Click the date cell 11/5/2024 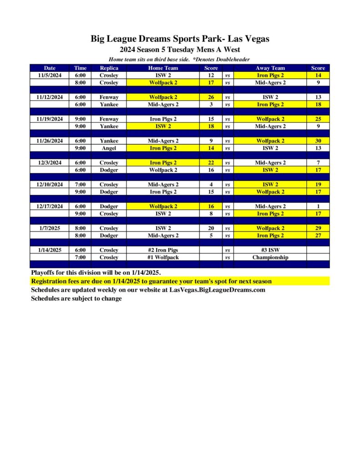50,75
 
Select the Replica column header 109,68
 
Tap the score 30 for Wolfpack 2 318,141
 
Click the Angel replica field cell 109,148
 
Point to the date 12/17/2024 50,206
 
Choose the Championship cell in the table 270,257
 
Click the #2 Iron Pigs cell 163,250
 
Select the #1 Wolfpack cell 163,257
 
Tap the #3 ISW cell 270,250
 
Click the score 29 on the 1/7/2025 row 318,228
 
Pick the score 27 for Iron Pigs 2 318,235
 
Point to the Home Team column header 163,68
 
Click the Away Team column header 270,68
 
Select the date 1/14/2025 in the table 50,250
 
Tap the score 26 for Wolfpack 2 211,97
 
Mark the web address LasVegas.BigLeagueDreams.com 213,289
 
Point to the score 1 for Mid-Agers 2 318,206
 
